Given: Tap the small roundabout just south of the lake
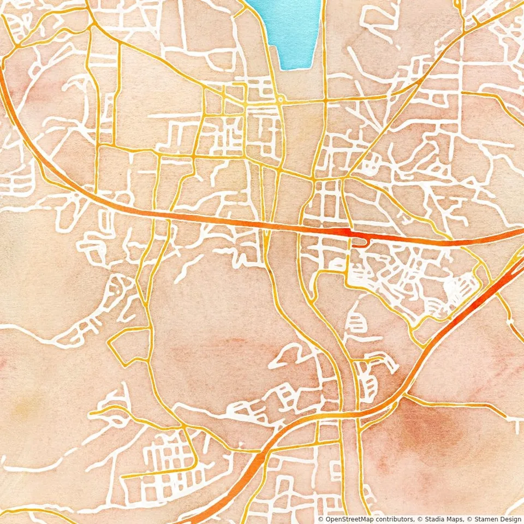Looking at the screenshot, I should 280,100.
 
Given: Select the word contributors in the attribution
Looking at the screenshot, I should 395,519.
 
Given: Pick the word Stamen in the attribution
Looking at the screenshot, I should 480,519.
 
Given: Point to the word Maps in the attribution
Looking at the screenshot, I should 455,519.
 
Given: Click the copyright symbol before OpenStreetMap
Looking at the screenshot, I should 320,519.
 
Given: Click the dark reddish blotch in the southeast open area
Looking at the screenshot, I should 437,431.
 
